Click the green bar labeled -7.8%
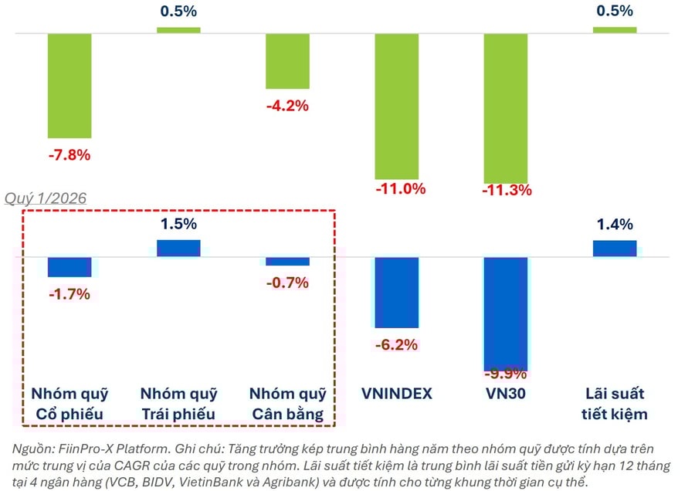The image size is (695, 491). coord(69,86)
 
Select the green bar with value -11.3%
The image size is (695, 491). coord(506,108)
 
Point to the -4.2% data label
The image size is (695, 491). coord(287,106)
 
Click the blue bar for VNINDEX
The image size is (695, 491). coord(396,293)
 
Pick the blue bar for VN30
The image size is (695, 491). coord(506,313)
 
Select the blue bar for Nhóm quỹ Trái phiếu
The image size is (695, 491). coord(178,248)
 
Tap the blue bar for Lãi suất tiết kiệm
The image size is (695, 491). coord(615,249)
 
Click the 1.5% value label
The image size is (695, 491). coord(178,225)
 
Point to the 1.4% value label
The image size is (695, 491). coord(615,225)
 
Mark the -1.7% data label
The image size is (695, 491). coord(69,293)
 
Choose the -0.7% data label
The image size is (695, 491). coord(287,283)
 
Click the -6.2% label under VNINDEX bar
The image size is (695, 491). coord(396,344)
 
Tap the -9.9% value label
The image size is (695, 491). coord(506,374)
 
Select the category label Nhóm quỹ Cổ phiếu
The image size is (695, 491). coord(69,404)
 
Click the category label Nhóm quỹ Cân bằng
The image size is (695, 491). coord(287,404)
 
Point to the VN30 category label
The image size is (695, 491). coord(506,394)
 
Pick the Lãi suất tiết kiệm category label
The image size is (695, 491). coord(615,404)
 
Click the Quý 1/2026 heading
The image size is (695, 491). coord(46,198)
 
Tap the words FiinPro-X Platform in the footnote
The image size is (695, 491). coord(96,448)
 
